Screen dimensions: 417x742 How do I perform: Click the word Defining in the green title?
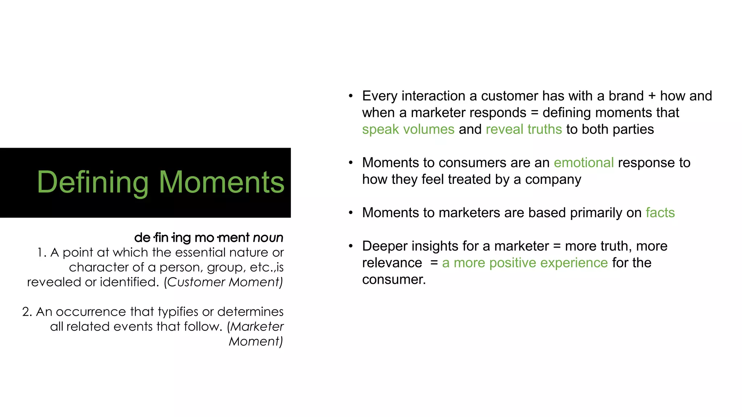(92, 182)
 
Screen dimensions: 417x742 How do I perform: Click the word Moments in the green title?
(221, 182)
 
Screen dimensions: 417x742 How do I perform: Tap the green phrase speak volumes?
(408, 129)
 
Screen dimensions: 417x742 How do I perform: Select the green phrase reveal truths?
(524, 129)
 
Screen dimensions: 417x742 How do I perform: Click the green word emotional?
(583, 163)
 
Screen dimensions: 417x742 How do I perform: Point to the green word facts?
(660, 212)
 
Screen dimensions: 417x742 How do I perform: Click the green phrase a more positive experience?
(525, 263)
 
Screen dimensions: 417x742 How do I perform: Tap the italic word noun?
(268, 238)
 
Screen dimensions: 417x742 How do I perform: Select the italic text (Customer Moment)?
(223, 282)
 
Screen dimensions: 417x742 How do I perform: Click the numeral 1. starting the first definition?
(42, 252)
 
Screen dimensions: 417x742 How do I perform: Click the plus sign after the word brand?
(652, 96)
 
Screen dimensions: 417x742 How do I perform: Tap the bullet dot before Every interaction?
(350, 96)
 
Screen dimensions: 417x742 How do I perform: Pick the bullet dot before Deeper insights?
(350, 246)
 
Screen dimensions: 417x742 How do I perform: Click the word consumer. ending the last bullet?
(393, 279)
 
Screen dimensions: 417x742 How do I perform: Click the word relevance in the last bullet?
(392, 263)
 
